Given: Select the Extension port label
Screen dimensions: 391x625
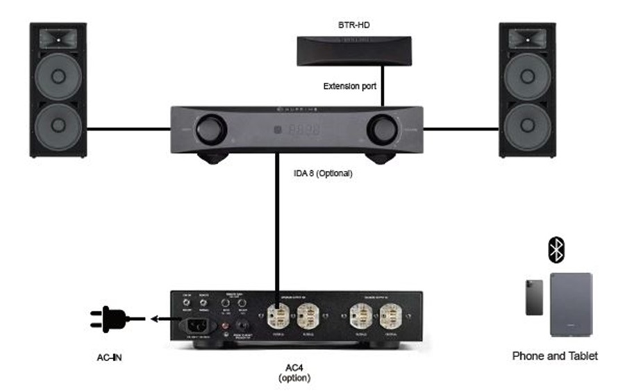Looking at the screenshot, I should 350,87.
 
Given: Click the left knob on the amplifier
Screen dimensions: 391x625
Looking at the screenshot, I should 206,130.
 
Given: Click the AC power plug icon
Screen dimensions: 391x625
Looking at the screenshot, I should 109,319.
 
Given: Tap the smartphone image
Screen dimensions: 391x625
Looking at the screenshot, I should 534,297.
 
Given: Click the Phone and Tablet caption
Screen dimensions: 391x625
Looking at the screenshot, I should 555,356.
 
